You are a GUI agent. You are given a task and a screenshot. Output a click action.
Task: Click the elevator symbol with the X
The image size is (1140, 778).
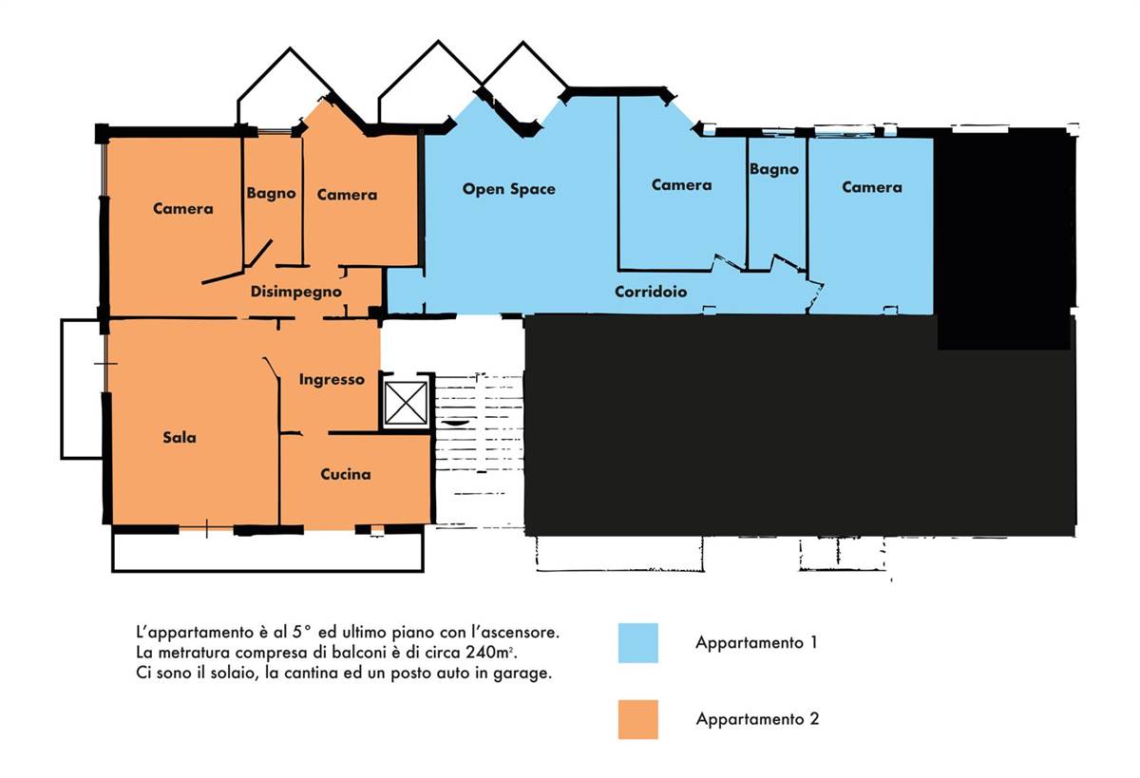pyautogui.click(x=406, y=403)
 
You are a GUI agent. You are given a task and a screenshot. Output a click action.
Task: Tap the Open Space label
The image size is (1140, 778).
pyautogui.click(x=508, y=189)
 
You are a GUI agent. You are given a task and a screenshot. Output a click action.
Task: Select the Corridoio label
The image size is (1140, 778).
pyautogui.click(x=651, y=292)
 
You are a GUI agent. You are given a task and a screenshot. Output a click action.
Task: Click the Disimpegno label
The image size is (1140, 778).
pyautogui.click(x=295, y=292)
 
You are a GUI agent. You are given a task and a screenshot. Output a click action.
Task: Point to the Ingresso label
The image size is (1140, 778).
pyautogui.click(x=332, y=380)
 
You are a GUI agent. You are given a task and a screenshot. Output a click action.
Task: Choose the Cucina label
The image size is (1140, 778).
pyautogui.click(x=346, y=474)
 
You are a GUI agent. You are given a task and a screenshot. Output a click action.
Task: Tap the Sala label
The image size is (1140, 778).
pyautogui.click(x=180, y=437)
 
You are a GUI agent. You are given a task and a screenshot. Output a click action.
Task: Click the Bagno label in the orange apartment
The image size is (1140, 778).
pyautogui.click(x=271, y=194)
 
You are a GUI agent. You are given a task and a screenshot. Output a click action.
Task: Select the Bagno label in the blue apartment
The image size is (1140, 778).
pyautogui.click(x=773, y=169)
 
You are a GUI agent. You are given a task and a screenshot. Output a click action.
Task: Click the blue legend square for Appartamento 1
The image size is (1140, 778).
pyautogui.click(x=637, y=643)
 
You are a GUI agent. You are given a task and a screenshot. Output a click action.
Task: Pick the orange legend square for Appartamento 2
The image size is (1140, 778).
pyautogui.click(x=637, y=719)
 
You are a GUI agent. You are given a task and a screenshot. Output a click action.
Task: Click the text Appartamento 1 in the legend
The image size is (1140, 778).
pyautogui.click(x=756, y=643)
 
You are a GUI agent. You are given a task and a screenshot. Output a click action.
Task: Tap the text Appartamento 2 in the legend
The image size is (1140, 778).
pyautogui.click(x=757, y=719)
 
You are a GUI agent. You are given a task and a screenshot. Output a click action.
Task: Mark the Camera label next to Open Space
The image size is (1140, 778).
pyautogui.click(x=681, y=184)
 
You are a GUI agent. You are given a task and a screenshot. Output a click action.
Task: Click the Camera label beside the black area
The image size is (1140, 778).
pyautogui.click(x=872, y=187)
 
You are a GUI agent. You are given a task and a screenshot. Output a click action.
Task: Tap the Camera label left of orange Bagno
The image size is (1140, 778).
pyautogui.click(x=182, y=209)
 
